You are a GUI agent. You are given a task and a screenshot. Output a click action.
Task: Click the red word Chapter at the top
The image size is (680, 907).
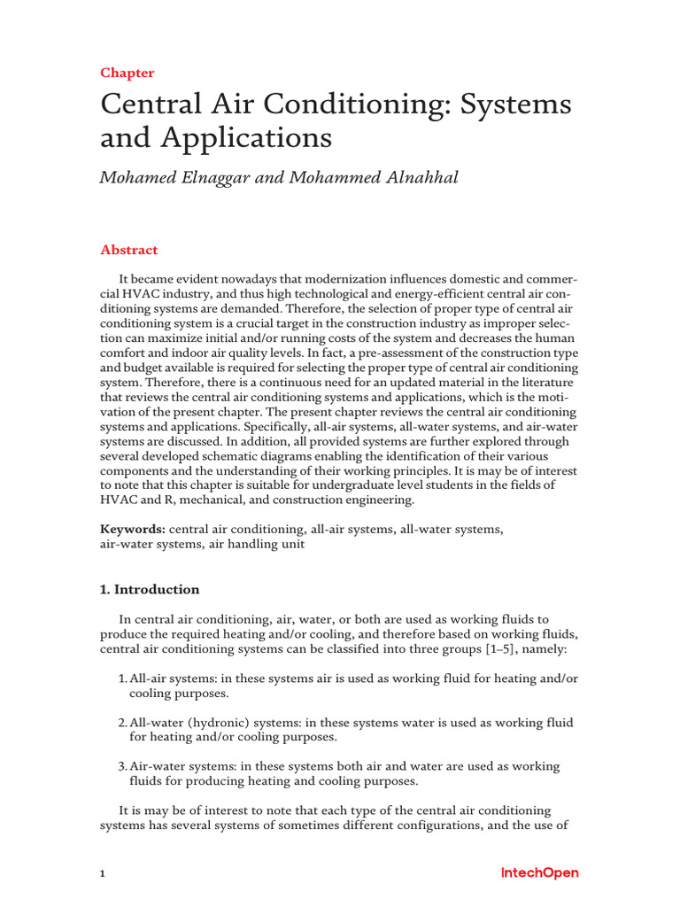(x=127, y=73)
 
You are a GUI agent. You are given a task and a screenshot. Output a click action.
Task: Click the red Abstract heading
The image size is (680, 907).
(x=129, y=250)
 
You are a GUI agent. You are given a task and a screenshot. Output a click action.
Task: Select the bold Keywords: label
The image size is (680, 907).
(x=133, y=529)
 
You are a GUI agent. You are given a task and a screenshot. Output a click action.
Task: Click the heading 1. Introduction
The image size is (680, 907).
(x=150, y=589)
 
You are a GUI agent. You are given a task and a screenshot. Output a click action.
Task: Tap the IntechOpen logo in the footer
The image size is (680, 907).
(x=539, y=873)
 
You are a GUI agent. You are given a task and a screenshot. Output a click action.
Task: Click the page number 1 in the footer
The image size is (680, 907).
(x=103, y=874)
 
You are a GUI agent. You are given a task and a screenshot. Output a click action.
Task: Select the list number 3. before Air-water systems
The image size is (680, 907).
(x=123, y=766)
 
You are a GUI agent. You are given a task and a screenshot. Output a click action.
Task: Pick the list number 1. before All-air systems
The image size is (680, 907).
(x=123, y=678)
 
